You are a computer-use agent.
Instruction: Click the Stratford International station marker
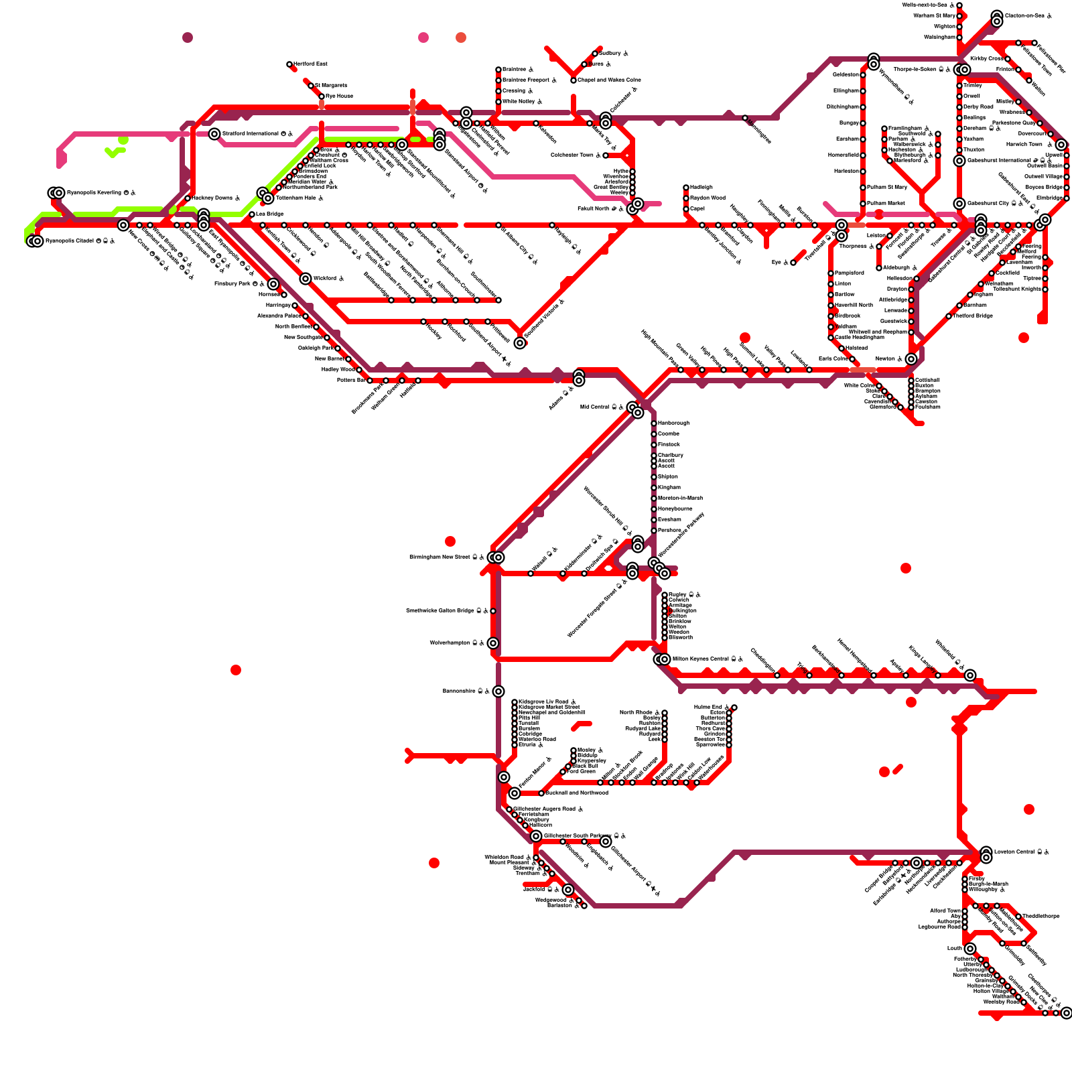click(214, 134)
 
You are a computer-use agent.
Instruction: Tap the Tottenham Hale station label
click(299, 198)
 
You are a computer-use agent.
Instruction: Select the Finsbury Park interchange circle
click(273, 284)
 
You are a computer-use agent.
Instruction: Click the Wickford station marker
click(306, 279)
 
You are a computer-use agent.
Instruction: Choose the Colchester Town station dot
click(606, 155)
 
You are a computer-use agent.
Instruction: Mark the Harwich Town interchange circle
click(1061, 145)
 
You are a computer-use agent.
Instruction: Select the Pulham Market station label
click(886, 203)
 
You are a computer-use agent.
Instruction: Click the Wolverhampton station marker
click(493, 643)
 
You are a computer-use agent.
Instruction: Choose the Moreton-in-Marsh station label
click(680, 498)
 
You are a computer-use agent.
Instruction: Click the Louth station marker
click(970, 949)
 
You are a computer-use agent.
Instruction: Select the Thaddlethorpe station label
click(1041, 916)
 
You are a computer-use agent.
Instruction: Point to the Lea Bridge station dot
click(252, 214)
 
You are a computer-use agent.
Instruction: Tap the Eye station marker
click(793, 263)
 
